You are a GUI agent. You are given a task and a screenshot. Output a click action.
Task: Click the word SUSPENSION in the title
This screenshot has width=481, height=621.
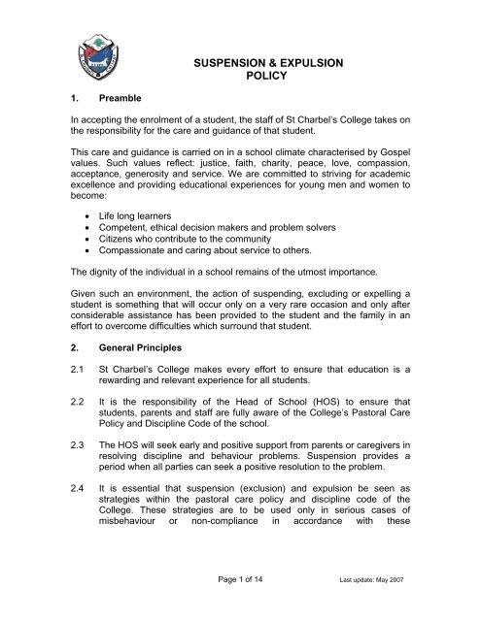click(244, 65)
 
